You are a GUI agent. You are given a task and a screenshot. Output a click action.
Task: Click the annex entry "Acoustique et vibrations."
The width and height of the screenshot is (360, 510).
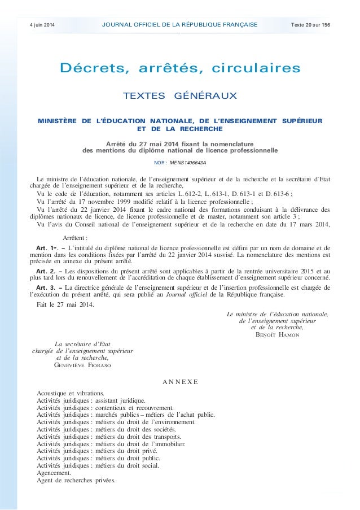tap(70, 393)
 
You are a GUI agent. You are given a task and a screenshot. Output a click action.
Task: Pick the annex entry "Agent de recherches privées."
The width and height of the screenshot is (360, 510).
tap(75, 481)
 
